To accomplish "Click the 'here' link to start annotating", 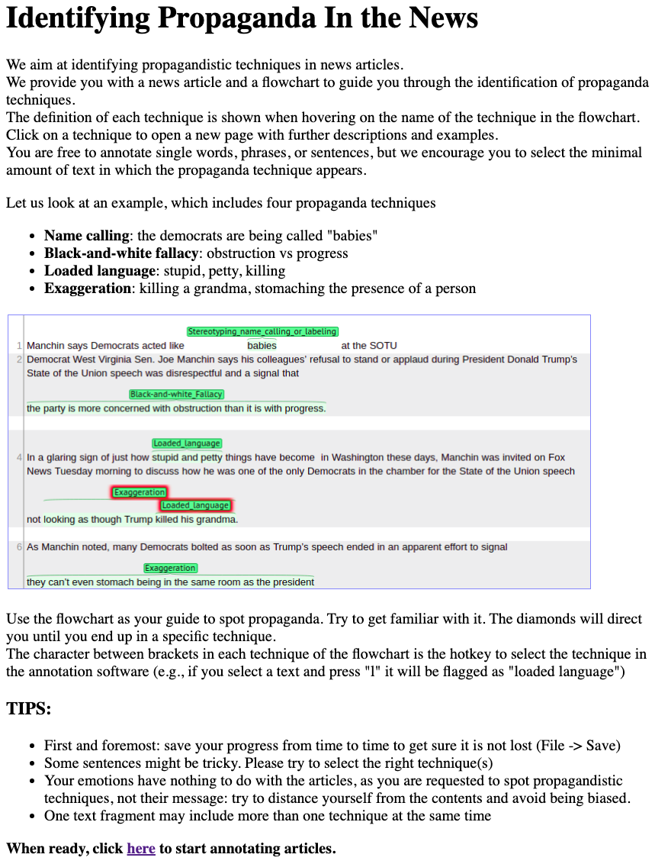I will [x=141, y=848].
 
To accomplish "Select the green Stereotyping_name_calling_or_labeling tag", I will [x=262, y=332].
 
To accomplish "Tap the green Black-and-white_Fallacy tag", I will [x=177, y=395].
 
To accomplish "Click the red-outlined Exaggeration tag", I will [x=140, y=492].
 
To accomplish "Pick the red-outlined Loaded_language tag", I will [x=195, y=505].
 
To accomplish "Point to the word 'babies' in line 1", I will [x=262, y=346].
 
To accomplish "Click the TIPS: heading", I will [x=29, y=708].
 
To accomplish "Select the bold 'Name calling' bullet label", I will [x=87, y=236].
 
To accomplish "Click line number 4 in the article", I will [x=18, y=458].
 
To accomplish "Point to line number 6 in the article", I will [x=18, y=547].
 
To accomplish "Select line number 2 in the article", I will [x=18, y=359].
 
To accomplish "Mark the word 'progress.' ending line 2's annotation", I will [x=306, y=408].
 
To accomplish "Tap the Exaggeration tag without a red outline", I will [x=171, y=568].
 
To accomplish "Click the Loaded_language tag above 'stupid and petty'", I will [x=187, y=443].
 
